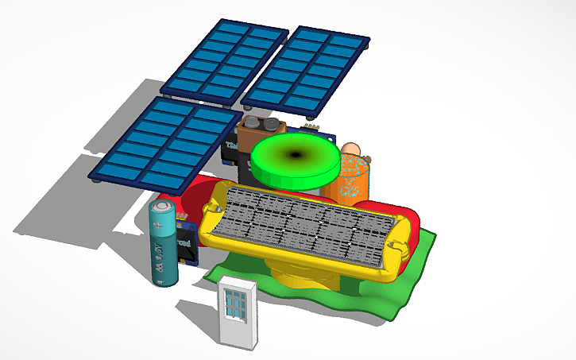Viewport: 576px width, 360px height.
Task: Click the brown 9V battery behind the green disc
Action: pyautogui.click(x=253, y=135)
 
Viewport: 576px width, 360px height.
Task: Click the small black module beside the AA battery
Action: pyautogui.click(x=187, y=242)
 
